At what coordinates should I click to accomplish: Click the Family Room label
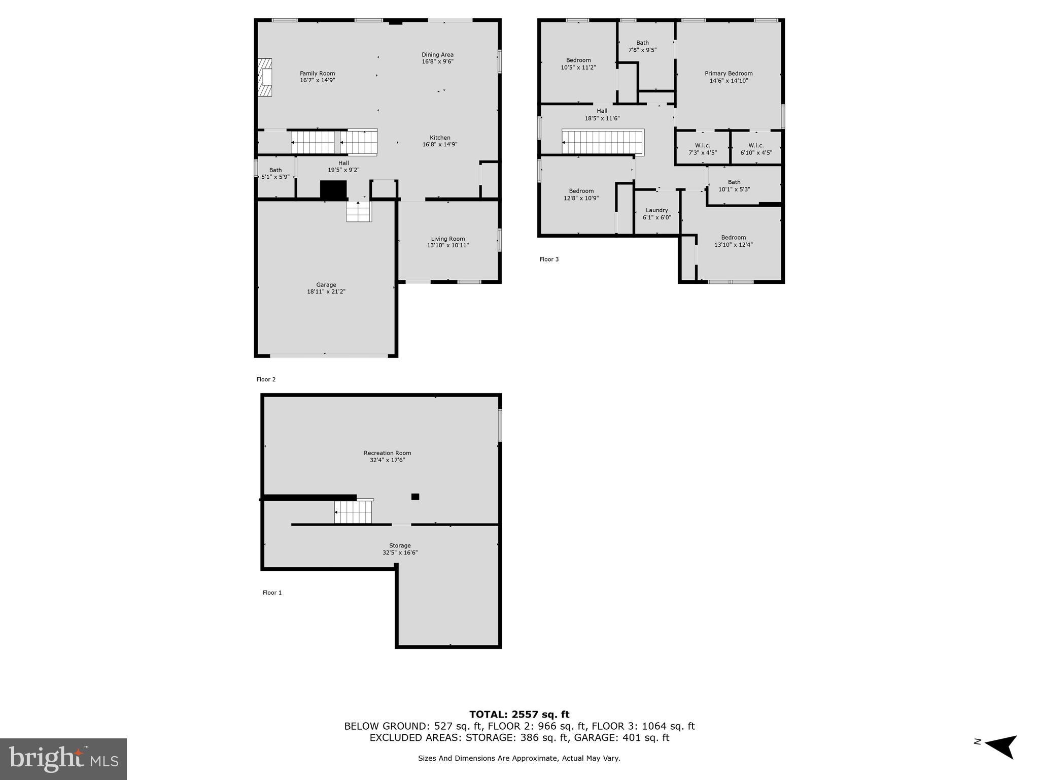[317, 74]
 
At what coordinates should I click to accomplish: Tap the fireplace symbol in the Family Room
[264, 77]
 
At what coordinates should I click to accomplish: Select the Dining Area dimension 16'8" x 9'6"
[437, 61]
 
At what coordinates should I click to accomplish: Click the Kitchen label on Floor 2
[440, 138]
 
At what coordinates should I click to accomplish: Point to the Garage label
[326, 285]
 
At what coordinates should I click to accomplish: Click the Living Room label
[447, 239]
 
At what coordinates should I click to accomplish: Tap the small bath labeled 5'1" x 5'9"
[275, 174]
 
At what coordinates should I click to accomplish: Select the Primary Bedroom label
[729, 74]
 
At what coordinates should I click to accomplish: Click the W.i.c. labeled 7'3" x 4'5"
[702, 149]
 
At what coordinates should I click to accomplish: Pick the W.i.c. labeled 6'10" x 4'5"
[756, 149]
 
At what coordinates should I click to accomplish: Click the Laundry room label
[656, 210]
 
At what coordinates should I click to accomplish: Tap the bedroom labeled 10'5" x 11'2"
[578, 63]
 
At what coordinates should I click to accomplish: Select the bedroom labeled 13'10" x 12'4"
[733, 241]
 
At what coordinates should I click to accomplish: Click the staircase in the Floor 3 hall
[603, 142]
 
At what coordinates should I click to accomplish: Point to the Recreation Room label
[387, 453]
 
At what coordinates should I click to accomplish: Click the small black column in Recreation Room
[415, 497]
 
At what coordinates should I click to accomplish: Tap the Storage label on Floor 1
[400, 545]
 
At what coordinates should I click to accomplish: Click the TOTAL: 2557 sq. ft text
[519, 714]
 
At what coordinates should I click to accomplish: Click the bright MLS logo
[63, 759]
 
